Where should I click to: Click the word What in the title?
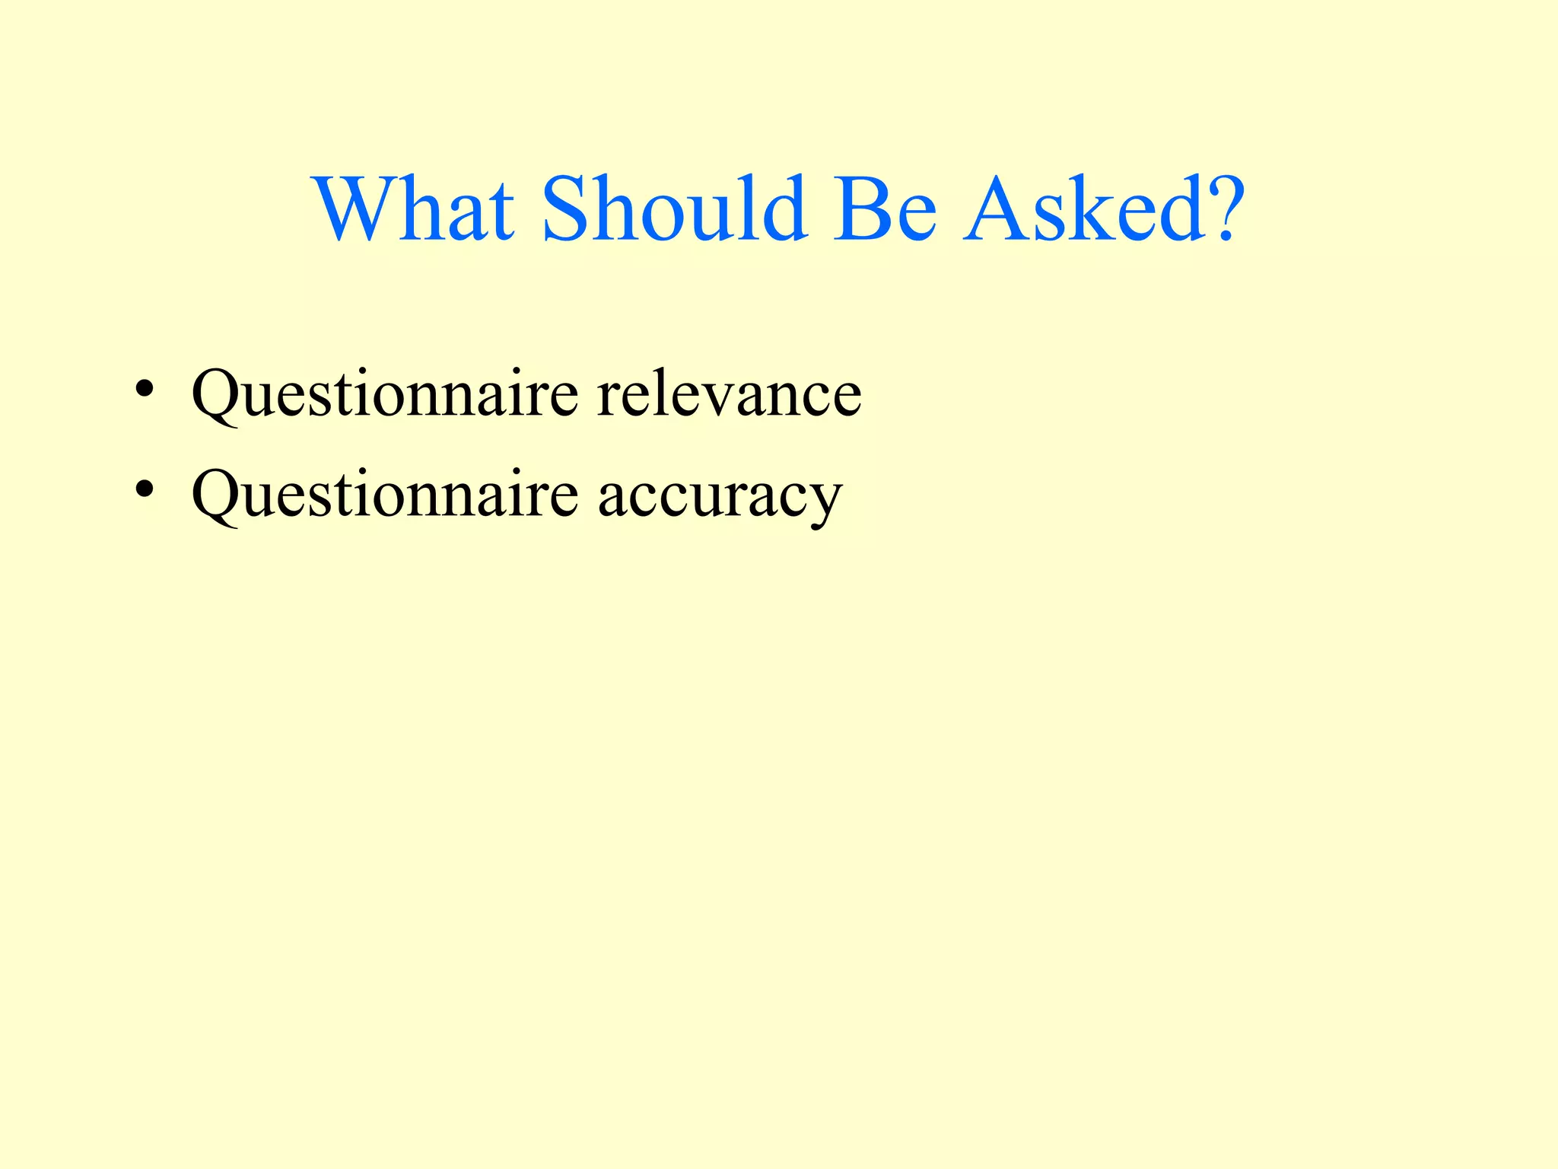click(x=415, y=209)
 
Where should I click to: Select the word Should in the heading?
click(x=674, y=209)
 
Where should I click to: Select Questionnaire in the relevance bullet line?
click(x=385, y=394)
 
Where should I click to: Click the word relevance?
click(x=729, y=394)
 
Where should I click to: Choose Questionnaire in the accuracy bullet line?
click(x=385, y=495)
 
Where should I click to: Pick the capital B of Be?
click(x=860, y=209)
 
